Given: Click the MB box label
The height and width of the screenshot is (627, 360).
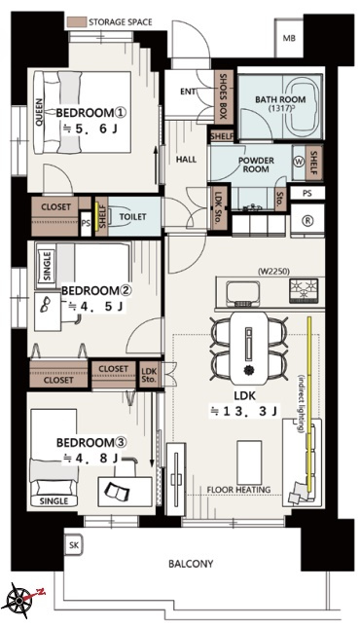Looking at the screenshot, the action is pos(289,38).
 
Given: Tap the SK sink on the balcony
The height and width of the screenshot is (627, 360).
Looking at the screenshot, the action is pos(74,544).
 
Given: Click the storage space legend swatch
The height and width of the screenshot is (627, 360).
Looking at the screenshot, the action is pos(77,21).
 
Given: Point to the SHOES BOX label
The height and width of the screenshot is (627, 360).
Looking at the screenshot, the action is pos(223,96).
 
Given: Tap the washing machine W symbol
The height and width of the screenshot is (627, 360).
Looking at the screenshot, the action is pos(299,162).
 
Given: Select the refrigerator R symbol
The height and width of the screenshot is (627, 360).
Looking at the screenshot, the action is pos(308,221).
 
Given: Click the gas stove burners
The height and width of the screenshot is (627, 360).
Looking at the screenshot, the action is pos(305,290).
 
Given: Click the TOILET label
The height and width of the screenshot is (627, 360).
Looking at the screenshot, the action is pos(133,217).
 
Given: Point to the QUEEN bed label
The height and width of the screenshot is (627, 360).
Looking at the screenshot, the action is pos(39,112).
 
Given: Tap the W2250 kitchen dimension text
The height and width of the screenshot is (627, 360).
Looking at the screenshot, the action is pos(273,272).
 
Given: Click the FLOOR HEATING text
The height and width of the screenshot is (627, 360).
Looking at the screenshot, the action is pos(238,490).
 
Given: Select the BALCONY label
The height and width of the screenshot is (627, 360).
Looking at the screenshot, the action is pos(191,564).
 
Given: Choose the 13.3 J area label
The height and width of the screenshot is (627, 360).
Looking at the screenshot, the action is pos(244,411).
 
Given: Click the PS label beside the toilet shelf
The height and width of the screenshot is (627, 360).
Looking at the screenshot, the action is pos(86,224).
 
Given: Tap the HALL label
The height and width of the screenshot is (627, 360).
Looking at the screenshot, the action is pos(186,160).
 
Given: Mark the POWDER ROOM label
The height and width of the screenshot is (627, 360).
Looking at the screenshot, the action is pos(256,165).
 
